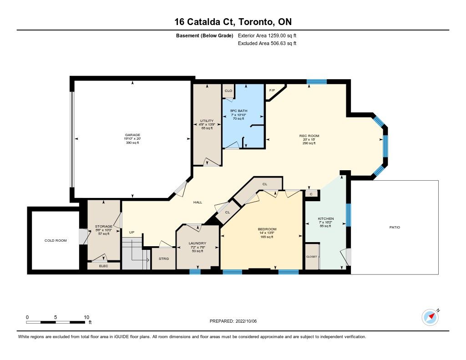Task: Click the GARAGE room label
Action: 132,135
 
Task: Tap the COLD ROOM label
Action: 56,240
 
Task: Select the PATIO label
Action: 395,227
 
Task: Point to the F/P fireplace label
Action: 272,91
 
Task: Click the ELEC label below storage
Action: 103,266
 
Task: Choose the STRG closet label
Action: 164,259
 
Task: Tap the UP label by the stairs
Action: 132,233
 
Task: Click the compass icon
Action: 431,317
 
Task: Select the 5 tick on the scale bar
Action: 56,317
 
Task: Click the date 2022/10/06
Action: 246,321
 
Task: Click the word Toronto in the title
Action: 256,22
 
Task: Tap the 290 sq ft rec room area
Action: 309,143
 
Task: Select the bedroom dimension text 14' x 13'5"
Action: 267,233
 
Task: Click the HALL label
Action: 198,202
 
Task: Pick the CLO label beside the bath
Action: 228,91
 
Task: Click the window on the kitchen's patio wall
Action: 349,215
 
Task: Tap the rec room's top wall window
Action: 317,82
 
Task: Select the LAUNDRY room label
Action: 198,243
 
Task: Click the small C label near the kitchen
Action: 311,194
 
